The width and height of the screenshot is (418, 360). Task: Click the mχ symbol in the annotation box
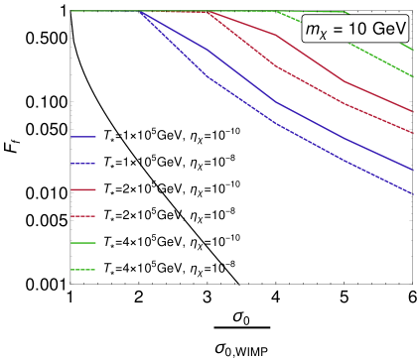pos(316,32)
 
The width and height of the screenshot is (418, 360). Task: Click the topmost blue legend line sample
pos(83,137)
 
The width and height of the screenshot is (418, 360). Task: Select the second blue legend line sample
pos(83,164)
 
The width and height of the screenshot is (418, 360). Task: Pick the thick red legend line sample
pos(83,189)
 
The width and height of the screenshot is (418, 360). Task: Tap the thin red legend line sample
pos(83,216)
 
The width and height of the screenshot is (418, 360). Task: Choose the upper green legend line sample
pos(83,243)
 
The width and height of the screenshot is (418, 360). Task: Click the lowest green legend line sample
pos(83,270)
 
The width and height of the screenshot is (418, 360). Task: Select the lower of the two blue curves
pos(273,122)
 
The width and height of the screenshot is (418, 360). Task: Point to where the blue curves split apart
pos(140,12)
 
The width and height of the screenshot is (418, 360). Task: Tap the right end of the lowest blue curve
pos(412,194)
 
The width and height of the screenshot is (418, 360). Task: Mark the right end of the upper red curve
pos(412,111)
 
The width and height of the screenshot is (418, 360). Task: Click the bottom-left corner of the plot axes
pos(70,283)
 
